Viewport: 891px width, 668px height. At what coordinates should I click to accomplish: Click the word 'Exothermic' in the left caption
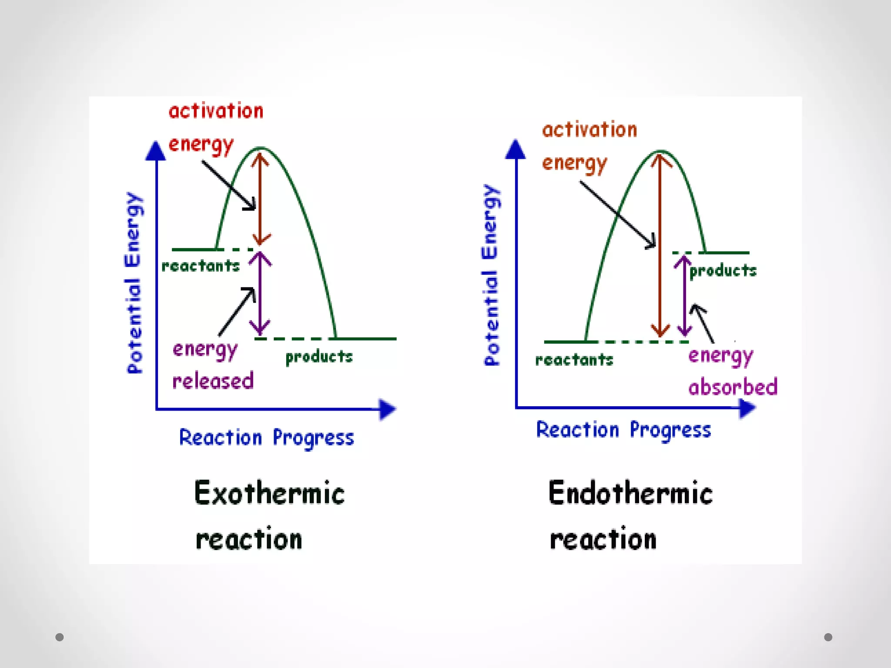click(x=269, y=494)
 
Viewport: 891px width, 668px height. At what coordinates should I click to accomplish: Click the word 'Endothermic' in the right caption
click(x=630, y=494)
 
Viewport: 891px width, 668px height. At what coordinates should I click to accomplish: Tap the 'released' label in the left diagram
click(x=213, y=381)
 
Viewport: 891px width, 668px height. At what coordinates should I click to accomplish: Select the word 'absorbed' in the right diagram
click(x=733, y=387)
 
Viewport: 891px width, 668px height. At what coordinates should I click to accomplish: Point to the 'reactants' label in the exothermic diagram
click(x=201, y=266)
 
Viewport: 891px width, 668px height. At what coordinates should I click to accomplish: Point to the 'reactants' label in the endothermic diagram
click(x=574, y=360)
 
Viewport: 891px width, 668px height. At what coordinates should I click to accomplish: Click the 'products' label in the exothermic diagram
click(x=319, y=357)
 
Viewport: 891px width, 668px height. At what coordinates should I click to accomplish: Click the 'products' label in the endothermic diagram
click(x=723, y=271)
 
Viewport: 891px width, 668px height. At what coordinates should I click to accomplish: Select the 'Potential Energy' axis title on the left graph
click(x=134, y=283)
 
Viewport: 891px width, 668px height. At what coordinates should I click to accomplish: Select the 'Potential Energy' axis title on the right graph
click(x=492, y=275)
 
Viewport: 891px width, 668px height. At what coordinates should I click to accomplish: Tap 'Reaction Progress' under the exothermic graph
click(x=267, y=438)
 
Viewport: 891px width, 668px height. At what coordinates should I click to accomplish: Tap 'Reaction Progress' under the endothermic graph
click(x=623, y=430)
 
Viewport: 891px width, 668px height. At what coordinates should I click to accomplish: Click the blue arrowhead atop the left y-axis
click(x=155, y=151)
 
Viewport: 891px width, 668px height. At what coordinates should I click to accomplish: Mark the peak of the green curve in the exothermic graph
click(x=260, y=148)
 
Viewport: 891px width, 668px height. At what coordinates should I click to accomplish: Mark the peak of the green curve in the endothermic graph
click(x=660, y=151)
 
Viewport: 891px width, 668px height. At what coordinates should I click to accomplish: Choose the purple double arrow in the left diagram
click(x=260, y=294)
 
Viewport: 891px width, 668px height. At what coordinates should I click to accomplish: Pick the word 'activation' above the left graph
click(x=216, y=111)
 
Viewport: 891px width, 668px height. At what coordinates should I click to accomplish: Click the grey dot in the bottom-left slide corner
click(x=60, y=637)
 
